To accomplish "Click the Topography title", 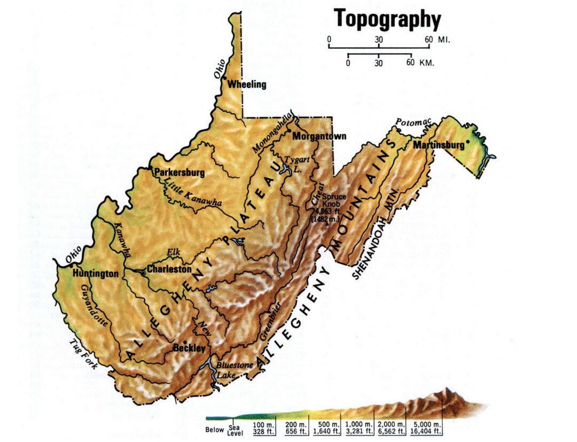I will pyautogui.click(x=387, y=19).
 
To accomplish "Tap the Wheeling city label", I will pyautogui.click(x=246, y=85).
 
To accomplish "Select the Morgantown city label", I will pyautogui.click(x=319, y=136).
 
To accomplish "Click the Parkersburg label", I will pyautogui.click(x=180, y=173).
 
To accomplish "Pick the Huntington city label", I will pyautogui.click(x=96, y=273).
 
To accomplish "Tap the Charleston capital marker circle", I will pyautogui.click(x=143, y=273).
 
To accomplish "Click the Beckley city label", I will pyautogui.click(x=189, y=348).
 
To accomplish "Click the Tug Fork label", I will pyautogui.click(x=81, y=354).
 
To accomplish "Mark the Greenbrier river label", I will pyautogui.click(x=271, y=321).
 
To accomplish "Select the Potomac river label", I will pyautogui.click(x=413, y=123).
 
